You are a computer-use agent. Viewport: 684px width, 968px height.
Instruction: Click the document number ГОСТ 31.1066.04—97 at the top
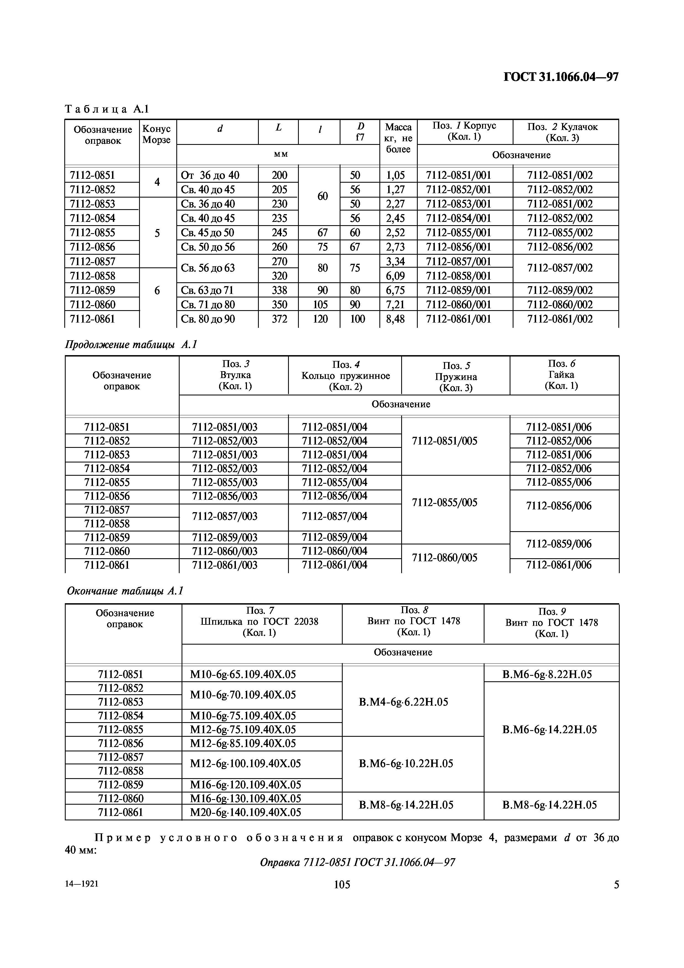point(561,77)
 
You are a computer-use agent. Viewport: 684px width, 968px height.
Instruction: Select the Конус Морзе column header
point(156,134)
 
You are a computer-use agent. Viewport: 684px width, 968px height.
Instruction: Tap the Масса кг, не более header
point(398,138)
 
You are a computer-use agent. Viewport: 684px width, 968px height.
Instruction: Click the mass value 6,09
point(395,276)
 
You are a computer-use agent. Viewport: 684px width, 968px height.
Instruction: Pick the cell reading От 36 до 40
point(209,175)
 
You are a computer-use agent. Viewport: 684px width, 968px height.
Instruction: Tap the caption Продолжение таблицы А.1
point(131,345)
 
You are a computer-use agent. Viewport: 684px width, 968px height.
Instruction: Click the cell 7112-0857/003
point(225,517)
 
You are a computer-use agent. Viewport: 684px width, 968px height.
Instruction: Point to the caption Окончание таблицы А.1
point(125,591)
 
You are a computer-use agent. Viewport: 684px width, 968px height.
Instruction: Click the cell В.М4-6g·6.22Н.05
point(403,702)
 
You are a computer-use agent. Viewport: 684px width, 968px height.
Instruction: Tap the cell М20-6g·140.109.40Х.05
point(246,812)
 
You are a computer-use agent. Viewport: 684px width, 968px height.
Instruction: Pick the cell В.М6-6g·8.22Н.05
point(547,675)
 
